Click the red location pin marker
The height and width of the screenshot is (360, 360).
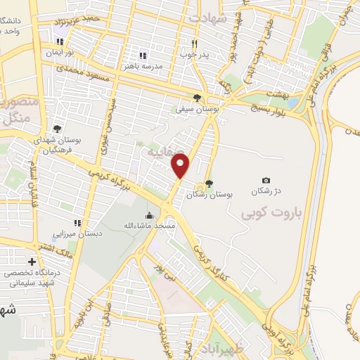[x=181, y=167]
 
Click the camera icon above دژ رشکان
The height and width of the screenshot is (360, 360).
[x=266, y=181]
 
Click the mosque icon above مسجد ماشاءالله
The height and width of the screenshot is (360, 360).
[x=148, y=215]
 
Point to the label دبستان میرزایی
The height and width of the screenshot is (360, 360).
[x=79, y=232]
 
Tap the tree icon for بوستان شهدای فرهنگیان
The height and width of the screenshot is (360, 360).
[x=57, y=129]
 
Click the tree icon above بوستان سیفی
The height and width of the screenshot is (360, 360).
[x=198, y=98]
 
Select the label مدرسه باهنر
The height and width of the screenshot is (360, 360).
[x=142, y=65]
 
